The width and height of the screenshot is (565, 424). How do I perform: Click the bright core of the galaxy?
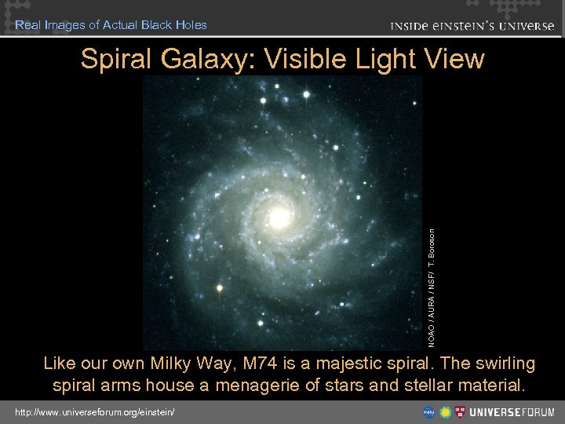point(279,215)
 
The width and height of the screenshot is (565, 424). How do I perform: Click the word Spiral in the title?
point(117,59)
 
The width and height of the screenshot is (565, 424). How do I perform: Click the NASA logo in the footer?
point(429,411)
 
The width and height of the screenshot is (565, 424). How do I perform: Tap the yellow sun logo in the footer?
point(445,411)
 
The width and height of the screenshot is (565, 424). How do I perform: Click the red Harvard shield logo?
point(461,411)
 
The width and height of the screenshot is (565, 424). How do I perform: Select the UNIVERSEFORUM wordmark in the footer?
point(510,411)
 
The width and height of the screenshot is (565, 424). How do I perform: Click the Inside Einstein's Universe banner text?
point(472,25)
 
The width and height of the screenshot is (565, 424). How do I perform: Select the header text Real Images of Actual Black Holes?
point(111,25)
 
